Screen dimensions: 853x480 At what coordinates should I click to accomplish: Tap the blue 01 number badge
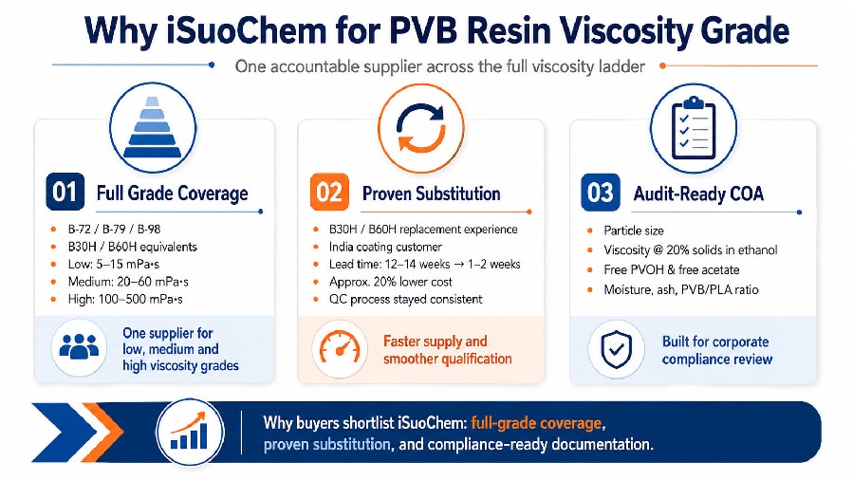pyautogui.click(x=65, y=192)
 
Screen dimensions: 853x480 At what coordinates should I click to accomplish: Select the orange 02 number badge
pyautogui.click(x=329, y=192)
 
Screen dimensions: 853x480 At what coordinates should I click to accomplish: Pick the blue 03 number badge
pyautogui.click(x=600, y=193)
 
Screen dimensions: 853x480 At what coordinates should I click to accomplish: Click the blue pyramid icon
pyautogui.click(x=153, y=128)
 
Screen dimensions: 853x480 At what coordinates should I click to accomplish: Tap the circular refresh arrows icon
pyautogui.click(x=421, y=127)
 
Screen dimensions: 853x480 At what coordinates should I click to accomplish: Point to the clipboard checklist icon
pyautogui.click(x=694, y=128)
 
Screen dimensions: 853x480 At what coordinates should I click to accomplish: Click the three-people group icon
pyautogui.click(x=79, y=346)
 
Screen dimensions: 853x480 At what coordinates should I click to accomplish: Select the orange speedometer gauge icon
pyautogui.click(x=340, y=347)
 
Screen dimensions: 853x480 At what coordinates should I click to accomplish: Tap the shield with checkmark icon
pyautogui.click(x=617, y=349)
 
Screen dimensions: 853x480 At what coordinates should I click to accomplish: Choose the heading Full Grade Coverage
pyautogui.click(x=172, y=194)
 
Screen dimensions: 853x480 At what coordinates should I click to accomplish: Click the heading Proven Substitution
pyautogui.click(x=432, y=194)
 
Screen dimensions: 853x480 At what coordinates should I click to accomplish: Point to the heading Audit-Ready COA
pyautogui.click(x=698, y=194)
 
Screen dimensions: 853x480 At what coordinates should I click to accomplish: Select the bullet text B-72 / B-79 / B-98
pyautogui.click(x=114, y=229)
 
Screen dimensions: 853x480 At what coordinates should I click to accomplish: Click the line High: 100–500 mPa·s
pyautogui.click(x=125, y=299)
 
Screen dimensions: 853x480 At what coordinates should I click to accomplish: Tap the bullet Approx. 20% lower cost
pyautogui.click(x=391, y=282)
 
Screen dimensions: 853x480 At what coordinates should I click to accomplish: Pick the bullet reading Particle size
pyautogui.click(x=634, y=231)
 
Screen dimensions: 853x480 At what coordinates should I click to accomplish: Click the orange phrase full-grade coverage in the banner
pyautogui.click(x=536, y=422)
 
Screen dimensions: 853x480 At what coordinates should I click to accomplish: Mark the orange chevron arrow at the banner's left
pyautogui.click(x=102, y=433)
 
